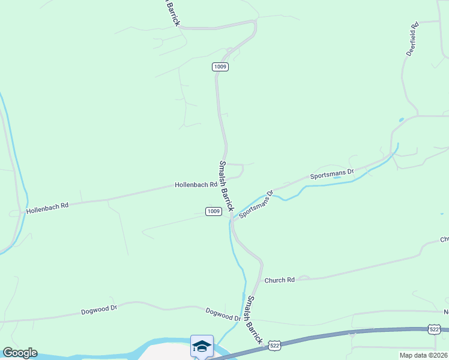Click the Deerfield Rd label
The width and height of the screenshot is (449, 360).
pos(412,40)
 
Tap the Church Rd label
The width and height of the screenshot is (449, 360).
pos(280,280)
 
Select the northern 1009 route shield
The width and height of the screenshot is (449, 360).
pos(220,67)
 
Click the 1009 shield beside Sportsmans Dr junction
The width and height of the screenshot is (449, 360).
pos(213,211)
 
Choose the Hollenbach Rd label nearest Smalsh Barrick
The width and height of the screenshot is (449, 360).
pos(196,185)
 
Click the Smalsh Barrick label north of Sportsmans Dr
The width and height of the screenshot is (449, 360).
pos(226,186)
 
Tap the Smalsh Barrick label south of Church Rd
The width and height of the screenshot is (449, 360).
pos(255,320)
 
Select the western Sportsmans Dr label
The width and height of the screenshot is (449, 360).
pos(256,205)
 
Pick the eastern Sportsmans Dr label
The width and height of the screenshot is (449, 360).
pos(332,174)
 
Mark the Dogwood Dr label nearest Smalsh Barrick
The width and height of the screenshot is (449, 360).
pos(223,314)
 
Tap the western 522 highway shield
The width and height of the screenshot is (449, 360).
pos(274,345)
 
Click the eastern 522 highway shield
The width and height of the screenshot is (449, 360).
pos(435,329)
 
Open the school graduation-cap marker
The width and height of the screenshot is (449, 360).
pos(202,346)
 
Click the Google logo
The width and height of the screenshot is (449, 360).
pos(19,353)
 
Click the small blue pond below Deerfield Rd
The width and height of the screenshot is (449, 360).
pos(401,120)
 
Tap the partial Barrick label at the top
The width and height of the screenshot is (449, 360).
pos(172,13)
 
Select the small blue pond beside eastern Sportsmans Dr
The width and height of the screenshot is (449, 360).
pos(337,178)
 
